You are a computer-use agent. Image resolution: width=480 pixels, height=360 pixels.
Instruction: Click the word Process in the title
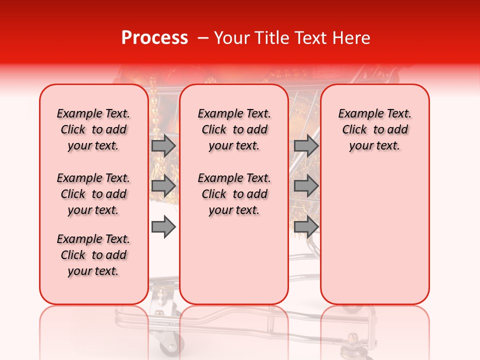[x=154, y=38]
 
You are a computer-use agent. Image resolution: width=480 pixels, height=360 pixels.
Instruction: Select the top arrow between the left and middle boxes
[x=163, y=145]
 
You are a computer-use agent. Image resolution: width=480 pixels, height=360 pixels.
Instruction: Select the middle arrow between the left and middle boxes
[x=163, y=186]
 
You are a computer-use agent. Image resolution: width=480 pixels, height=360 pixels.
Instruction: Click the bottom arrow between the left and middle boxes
[x=163, y=227]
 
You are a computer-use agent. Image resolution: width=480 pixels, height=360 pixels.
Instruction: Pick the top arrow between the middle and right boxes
[x=306, y=145]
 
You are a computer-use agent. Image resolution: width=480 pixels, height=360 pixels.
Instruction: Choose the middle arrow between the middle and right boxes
[x=306, y=186]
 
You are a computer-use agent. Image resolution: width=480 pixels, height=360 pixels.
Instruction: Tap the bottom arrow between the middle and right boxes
[x=306, y=227]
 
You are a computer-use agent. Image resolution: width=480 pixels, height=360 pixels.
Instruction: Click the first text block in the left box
[x=93, y=129]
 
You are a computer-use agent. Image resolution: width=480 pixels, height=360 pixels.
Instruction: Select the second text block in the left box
[x=93, y=194]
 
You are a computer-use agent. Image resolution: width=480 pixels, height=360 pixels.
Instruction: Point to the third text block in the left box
[x=93, y=255]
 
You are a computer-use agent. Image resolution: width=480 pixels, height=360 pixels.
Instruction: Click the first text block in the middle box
[x=234, y=129]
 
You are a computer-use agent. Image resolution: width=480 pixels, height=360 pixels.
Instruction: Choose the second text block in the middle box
[x=234, y=194]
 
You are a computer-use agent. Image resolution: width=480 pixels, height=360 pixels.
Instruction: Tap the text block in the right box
[x=375, y=129]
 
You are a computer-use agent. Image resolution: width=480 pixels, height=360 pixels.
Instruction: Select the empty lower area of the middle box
[x=234, y=260]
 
